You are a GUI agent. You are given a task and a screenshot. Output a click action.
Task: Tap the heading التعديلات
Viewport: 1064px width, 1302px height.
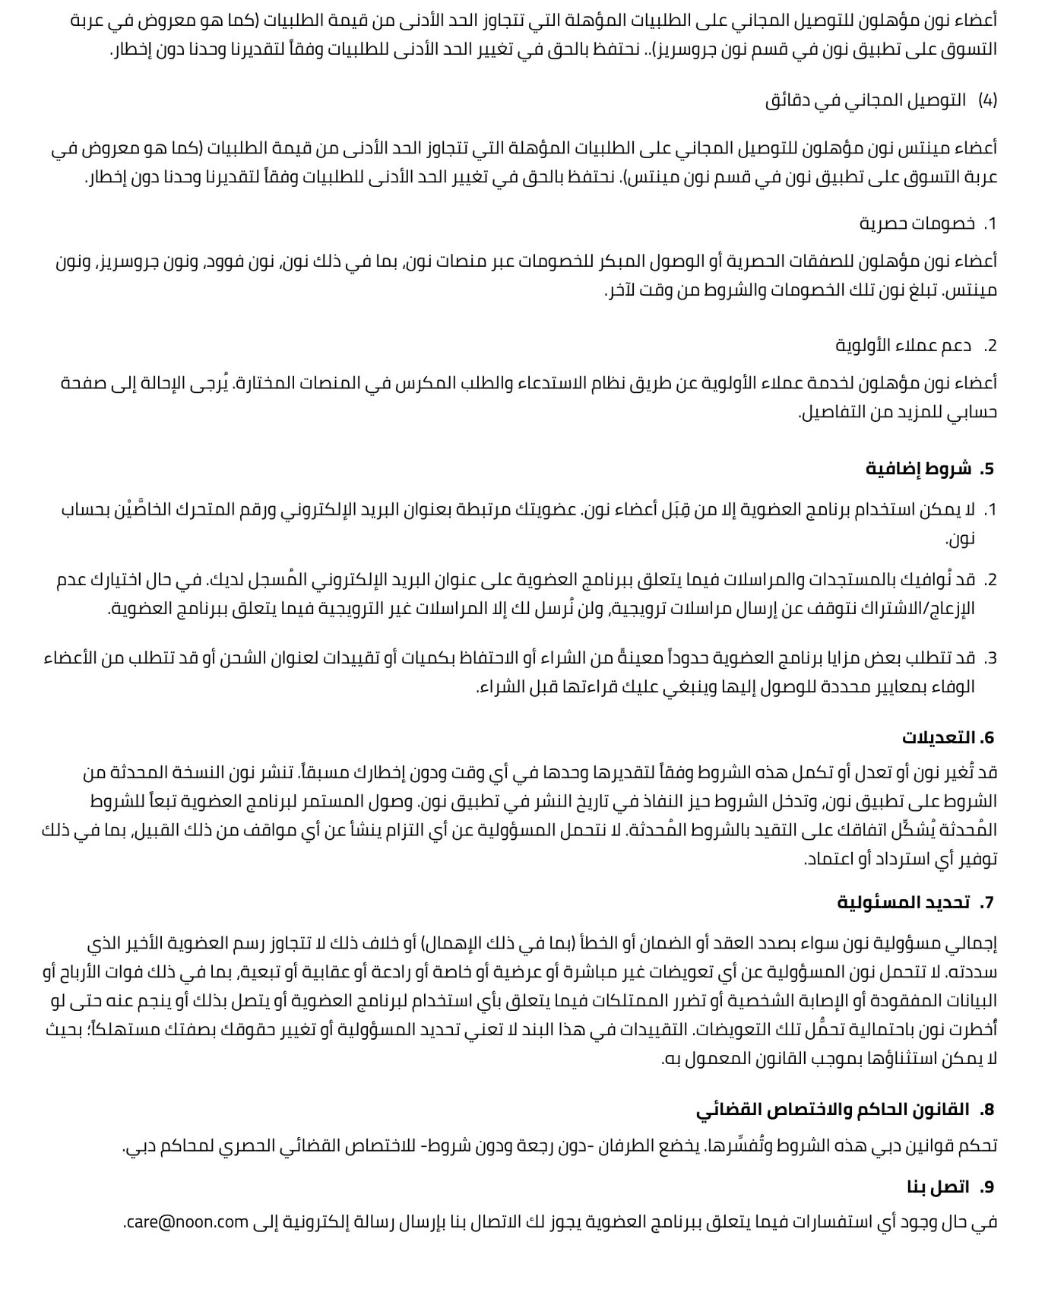pos(938,737)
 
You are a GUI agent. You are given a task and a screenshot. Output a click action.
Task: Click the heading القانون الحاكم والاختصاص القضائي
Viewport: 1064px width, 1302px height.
pos(832,1109)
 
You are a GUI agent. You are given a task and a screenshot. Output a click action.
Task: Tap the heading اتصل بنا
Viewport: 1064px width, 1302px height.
pos(938,1186)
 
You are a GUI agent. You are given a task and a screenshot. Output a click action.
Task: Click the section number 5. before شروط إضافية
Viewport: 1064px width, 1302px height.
pos(986,468)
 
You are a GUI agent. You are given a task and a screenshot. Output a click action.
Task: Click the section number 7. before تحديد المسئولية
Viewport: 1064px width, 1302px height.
pos(986,902)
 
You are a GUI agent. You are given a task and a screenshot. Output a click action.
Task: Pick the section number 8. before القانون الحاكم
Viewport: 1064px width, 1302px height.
pos(986,1109)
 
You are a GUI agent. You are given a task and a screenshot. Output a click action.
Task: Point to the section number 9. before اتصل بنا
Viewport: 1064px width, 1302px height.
pos(986,1186)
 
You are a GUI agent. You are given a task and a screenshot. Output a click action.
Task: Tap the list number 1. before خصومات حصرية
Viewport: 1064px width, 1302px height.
pos(990,223)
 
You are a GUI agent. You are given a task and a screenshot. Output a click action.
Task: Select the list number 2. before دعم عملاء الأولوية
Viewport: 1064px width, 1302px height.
pos(990,346)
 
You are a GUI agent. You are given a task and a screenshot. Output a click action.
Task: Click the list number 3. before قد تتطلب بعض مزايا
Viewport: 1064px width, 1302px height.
pos(990,657)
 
